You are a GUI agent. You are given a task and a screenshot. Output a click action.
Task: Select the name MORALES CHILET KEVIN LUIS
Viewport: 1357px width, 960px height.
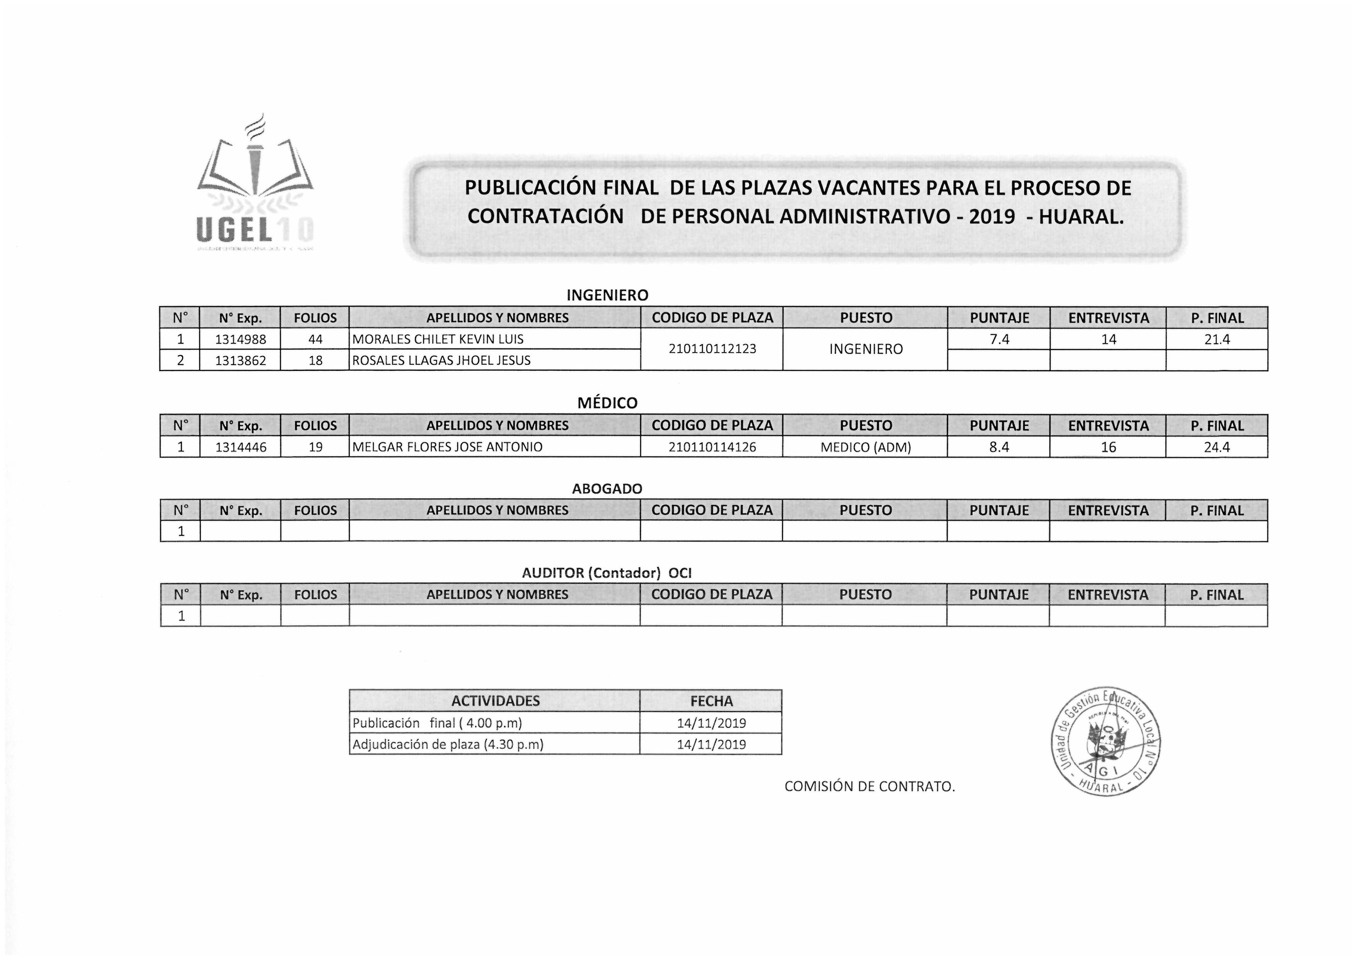point(438,339)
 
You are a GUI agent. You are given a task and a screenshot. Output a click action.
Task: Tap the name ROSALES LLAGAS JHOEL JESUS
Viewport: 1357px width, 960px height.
point(441,360)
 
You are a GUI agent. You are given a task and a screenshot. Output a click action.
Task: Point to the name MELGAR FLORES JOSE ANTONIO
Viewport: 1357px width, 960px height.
point(448,447)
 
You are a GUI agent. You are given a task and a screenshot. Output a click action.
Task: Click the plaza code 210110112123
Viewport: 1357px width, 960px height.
point(712,349)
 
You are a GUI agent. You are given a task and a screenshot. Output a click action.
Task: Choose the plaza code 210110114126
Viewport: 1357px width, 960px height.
point(712,447)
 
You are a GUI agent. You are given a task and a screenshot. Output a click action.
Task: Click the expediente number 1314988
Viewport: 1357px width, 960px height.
point(241,339)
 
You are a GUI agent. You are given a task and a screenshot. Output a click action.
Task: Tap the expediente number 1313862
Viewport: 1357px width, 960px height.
point(241,360)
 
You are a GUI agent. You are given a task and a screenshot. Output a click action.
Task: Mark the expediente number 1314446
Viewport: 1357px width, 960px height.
point(241,447)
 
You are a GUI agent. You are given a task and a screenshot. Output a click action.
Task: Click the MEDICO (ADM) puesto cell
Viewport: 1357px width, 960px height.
point(865,447)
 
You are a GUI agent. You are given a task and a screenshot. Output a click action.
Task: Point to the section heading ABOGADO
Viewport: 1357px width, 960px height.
point(607,489)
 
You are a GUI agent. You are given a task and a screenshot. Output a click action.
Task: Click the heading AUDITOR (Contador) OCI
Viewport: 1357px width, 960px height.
point(607,573)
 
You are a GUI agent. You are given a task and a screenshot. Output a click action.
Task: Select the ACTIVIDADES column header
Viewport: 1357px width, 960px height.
point(495,701)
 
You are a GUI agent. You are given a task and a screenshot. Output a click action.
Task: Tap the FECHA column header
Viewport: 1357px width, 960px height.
point(711,701)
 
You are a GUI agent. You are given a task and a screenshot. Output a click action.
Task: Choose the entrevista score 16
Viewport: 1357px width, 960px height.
point(1108,447)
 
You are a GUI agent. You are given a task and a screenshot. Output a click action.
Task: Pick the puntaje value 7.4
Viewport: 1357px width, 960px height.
point(999,339)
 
